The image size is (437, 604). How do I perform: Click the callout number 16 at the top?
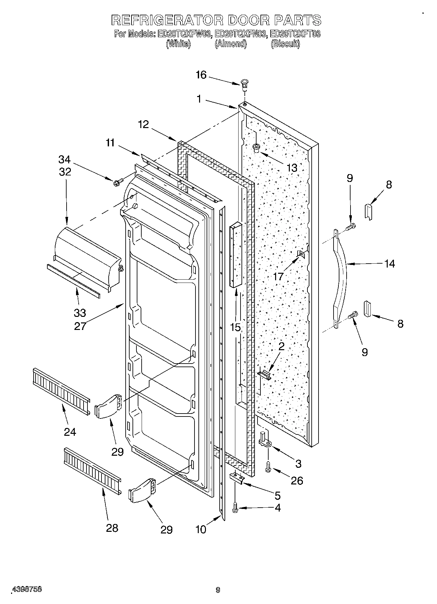(201, 75)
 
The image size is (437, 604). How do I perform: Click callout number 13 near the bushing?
(292, 168)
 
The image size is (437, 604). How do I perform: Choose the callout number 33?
(80, 313)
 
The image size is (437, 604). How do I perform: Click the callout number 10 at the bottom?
(201, 529)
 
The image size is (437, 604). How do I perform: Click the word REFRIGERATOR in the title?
(167, 20)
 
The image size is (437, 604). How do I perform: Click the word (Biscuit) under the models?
(285, 44)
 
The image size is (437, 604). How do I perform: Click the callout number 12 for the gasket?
(143, 124)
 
